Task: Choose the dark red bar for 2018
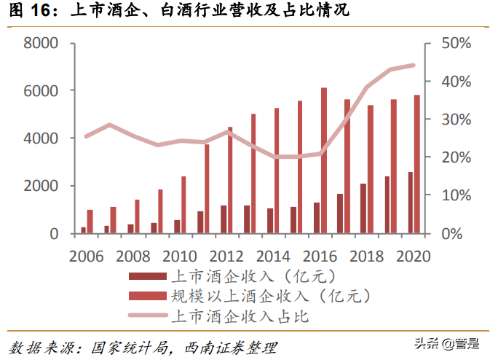363,208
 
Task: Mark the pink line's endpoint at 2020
414,66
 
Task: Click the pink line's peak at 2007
109,125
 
